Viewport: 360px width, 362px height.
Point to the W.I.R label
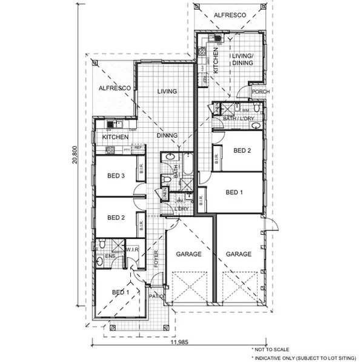[132, 249]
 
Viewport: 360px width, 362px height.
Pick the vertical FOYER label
[156, 258]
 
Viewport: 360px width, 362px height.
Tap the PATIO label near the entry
[156, 297]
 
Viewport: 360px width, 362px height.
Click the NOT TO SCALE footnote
[270, 349]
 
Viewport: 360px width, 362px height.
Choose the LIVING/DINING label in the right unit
[242, 59]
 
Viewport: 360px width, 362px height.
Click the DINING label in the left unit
[167, 136]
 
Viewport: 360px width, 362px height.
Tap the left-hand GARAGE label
[188, 255]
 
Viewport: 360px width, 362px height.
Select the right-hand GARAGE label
[238, 255]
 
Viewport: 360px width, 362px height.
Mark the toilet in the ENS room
[102, 244]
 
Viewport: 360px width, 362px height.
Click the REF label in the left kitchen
[138, 147]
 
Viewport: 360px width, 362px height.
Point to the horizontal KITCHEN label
[115, 138]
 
